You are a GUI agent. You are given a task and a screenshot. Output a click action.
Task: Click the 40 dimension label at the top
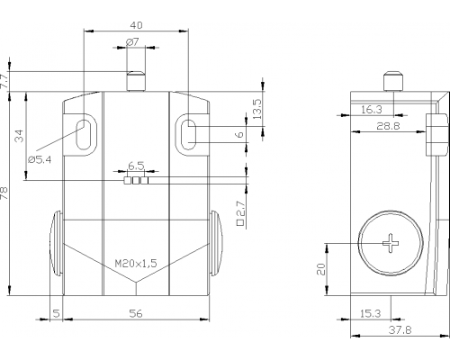click(x=136, y=25)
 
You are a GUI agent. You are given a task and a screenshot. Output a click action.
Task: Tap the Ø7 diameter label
click(x=132, y=42)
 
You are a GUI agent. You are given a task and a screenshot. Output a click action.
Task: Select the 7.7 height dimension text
click(x=4, y=81)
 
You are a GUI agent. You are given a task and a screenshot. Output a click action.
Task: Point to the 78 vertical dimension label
click(x=4, y=193)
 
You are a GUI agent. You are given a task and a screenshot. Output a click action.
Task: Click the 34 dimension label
click(x=19, y=136)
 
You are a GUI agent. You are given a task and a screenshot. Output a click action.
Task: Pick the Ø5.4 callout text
click(x=40, y=159)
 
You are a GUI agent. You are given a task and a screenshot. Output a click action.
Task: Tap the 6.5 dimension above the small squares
click(x=136, y=166)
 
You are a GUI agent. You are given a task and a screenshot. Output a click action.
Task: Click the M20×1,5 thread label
click(x=136, y=264)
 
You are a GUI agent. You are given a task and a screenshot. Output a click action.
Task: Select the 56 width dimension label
click(x=136, y=313)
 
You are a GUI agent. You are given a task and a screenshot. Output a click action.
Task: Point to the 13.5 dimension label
click(x=257, y=109)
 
